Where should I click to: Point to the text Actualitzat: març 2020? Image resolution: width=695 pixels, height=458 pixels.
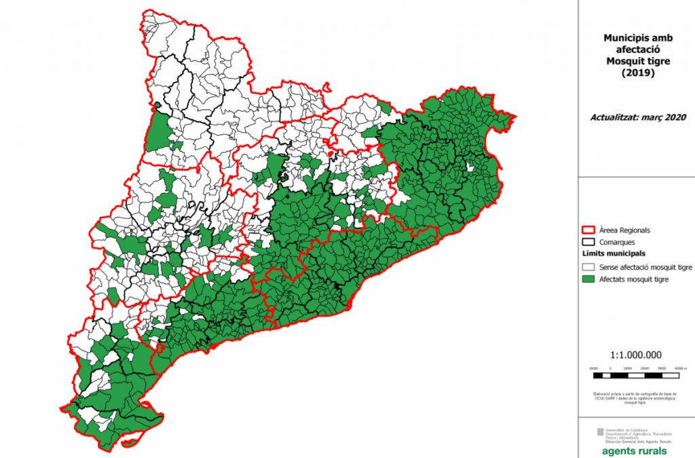[x=635, y=116]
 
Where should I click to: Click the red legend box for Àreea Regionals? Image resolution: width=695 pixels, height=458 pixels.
[x=588, y=230]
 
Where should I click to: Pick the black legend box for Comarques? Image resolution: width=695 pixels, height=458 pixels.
[x=588, y=242]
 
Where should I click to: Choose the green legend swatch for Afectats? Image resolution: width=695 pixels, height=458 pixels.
[x=588, y=279]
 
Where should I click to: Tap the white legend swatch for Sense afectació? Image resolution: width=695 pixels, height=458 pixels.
[x=588, y=267]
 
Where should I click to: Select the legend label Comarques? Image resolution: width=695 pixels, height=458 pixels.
[x=618, y=242]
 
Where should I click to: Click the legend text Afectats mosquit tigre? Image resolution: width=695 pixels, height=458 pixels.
[x=635, y=279]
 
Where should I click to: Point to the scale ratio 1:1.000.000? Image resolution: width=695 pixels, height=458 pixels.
[x=636, y=355]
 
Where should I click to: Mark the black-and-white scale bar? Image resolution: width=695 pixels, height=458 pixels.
[x=636, y=375]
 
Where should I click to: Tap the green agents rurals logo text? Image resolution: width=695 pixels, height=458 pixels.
[x=634, y=451]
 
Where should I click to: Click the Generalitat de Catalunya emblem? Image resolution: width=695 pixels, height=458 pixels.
[x=599, y=432]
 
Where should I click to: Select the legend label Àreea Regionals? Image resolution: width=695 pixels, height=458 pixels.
[x=624, y=230]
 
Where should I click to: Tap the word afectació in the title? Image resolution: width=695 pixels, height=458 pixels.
[x=636, y=50]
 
